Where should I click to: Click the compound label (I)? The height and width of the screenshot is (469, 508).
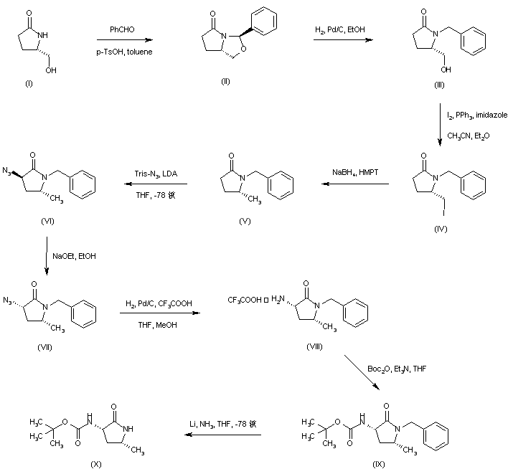(28, 84)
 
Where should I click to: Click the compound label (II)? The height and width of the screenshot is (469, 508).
(225, 82)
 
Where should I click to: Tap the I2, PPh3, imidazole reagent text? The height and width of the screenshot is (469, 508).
(473, 115)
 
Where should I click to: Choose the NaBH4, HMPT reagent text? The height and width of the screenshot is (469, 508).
(353, 172)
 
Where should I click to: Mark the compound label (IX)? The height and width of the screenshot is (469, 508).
(380, 464)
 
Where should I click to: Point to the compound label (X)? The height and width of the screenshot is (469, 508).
(95, 464)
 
